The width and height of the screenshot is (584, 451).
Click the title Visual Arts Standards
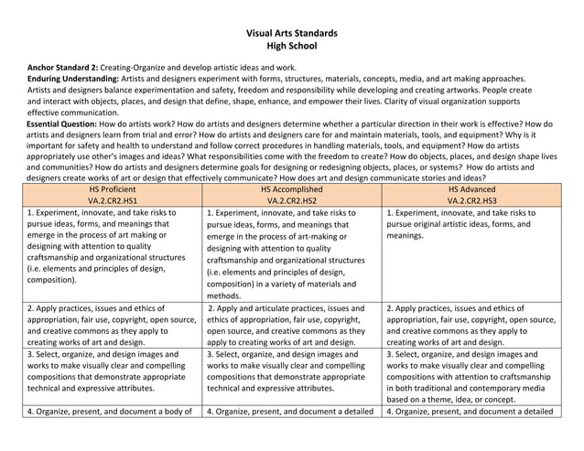tap(292, 33)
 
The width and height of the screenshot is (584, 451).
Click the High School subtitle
tap(292, 47)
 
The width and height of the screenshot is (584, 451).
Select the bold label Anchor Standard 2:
tap(65, 68)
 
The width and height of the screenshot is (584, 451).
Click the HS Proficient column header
tap(113, 188)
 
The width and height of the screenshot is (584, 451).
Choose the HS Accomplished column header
tap(292, 188)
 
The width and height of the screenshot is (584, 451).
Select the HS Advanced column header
tap(471, 188)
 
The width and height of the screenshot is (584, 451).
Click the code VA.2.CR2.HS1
tap(113, 199)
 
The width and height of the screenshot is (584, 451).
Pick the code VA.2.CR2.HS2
tap(292, 199)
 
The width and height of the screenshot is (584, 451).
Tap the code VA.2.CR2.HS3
tap(471, 199)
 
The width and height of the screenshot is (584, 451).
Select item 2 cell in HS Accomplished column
tap(292, 325)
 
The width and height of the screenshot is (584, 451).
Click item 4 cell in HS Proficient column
tap(113, 411)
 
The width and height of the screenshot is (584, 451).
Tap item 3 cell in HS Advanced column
tap(471, 376)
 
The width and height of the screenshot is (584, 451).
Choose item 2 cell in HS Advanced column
tap(471, 325)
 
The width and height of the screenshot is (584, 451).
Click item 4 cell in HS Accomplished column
tap(292, 411)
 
